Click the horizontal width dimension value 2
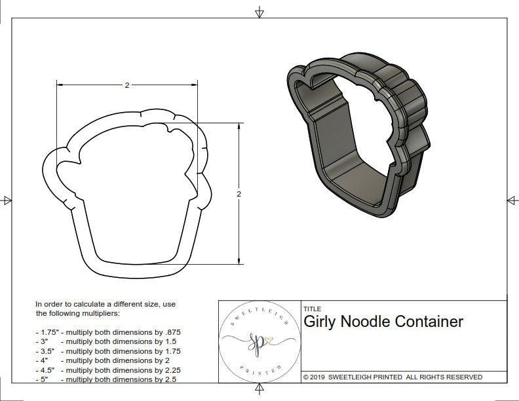[126, 85]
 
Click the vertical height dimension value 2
[239, 194]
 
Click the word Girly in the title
[321, 322]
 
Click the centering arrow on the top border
[259, 12]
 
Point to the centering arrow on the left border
[7, 200]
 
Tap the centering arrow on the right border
[512, 200]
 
